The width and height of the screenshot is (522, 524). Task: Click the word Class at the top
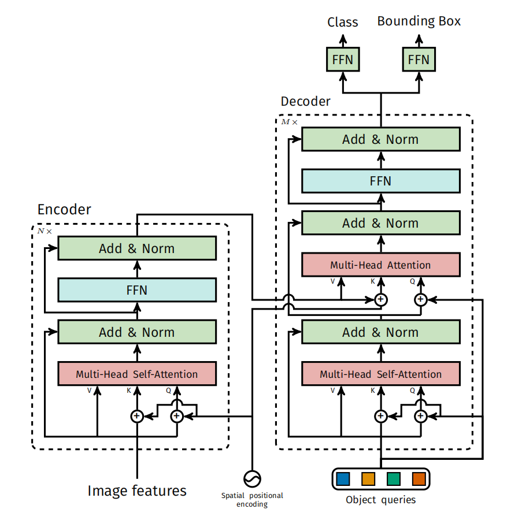342,23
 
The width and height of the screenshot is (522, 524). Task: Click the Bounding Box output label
419,21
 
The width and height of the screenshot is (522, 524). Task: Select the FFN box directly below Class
343,60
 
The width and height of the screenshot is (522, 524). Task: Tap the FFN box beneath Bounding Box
419,60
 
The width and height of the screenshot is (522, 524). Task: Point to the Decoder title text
305,102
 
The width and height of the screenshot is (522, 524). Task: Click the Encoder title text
64,209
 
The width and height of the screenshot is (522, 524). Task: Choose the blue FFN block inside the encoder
137,290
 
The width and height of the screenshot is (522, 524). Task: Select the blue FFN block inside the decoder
380,181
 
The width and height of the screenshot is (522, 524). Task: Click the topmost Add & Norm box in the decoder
380,139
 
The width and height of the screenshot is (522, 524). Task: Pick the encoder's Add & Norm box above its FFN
137,248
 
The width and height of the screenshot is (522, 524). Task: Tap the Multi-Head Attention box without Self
380,265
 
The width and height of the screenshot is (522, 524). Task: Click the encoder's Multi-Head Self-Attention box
137,374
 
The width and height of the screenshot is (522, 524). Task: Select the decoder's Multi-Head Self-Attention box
380,374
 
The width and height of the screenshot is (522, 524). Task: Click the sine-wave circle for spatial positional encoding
253,478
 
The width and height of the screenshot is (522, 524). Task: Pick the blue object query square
343,479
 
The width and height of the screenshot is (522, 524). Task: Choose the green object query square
394,479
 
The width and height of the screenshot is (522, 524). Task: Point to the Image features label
137,491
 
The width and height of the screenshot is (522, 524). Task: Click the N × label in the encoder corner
45,231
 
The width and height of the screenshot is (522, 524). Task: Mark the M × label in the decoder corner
289,122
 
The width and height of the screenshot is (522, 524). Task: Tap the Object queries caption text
380,500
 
